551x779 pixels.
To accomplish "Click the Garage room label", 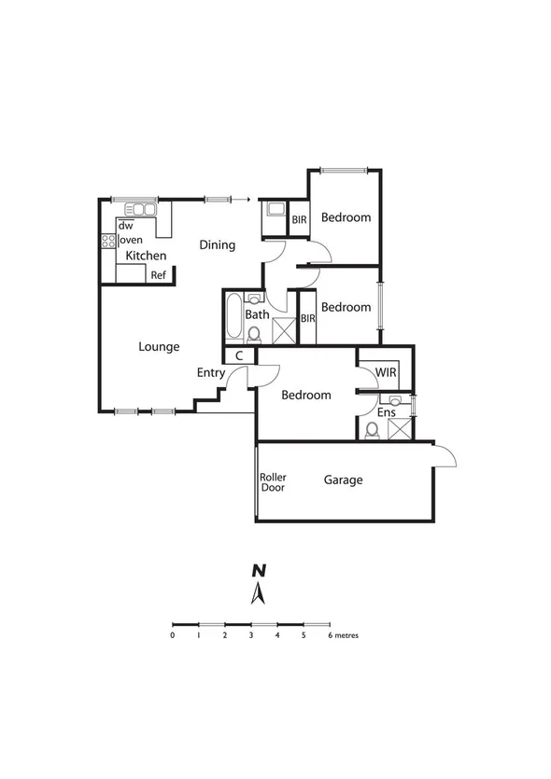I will [x=343, y=480].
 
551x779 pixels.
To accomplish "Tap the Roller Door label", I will [x=274, y=482].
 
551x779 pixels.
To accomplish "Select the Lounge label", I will [x=159, y=347].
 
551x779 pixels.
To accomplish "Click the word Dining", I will [x=217, y=245].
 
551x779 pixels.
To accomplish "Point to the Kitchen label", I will [x=147, y=256].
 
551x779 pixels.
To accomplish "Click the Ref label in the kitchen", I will [x=159, y=275].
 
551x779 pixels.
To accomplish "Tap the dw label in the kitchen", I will [x=125, y=226].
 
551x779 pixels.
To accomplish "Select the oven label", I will [x=130, y=240].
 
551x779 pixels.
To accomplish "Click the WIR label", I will [x=387, y=373].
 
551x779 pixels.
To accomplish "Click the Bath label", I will [x=257, y=314].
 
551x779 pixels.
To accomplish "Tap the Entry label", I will [x=210, y=373].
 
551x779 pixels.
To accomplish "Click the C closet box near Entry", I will [x=239, y=355].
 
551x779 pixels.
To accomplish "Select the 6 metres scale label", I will [x=343, y=635].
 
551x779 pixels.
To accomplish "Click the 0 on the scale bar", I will [x=173, y=635].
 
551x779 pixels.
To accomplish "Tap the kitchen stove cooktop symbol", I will [x=107, y=240].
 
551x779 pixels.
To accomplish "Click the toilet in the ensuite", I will [x=372, y=429].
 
